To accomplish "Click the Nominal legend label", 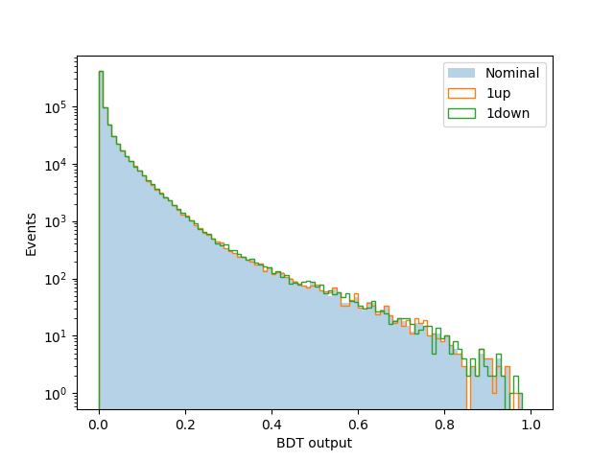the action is (512, 73).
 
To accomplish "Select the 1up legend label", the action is (499, 93).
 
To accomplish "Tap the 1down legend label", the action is (508, 113).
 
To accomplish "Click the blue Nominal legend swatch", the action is (461, 73).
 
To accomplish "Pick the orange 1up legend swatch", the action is (461, 93).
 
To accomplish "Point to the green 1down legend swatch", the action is (461, 113).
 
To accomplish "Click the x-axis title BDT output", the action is (314, 443).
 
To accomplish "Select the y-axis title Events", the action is (31, 235).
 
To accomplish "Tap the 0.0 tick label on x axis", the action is (99, 425).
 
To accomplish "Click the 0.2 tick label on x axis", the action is (185, 425).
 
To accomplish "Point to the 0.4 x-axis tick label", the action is (272, 425).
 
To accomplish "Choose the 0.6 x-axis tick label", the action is (358, 425).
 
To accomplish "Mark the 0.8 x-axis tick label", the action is (444, 425).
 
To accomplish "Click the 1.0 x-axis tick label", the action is (531, 425).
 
